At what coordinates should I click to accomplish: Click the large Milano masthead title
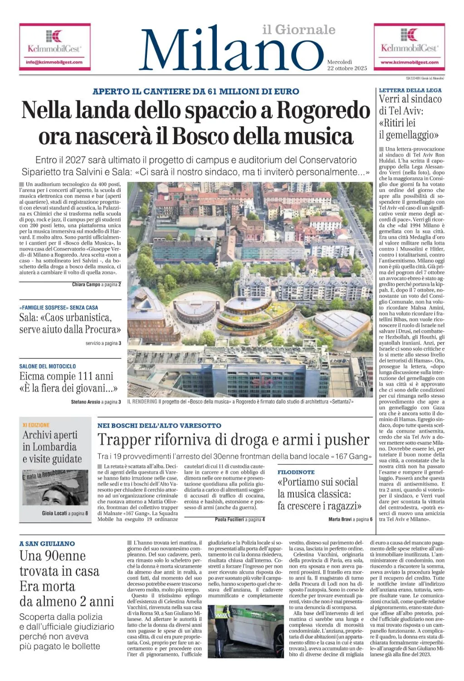pos(231,51)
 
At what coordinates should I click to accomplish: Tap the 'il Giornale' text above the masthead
pos(299,30)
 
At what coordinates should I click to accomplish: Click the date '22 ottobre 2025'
pos(347,68)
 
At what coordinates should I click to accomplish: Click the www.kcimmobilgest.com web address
pos(409,62)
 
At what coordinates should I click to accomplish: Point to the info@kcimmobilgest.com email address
pos(54,62)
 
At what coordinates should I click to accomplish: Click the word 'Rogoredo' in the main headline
pos(323,110)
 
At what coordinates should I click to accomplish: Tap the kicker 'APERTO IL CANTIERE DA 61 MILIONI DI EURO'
pos(195,91)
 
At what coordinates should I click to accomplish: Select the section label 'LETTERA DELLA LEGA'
pos(410,90)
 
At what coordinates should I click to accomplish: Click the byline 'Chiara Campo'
pos(86,285)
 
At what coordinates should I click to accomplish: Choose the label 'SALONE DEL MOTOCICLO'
pos(48,366)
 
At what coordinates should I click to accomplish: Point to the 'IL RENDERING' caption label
pos(142,402)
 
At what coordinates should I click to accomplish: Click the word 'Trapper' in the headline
pos(124,440)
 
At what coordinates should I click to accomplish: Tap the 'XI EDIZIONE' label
pos(36,425)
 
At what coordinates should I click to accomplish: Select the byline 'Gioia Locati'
pos(54,513)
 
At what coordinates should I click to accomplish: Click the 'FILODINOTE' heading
pos(296,472)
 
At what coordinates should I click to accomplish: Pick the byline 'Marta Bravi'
pos(340,519)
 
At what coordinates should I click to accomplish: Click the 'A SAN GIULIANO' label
pos(47,543)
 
